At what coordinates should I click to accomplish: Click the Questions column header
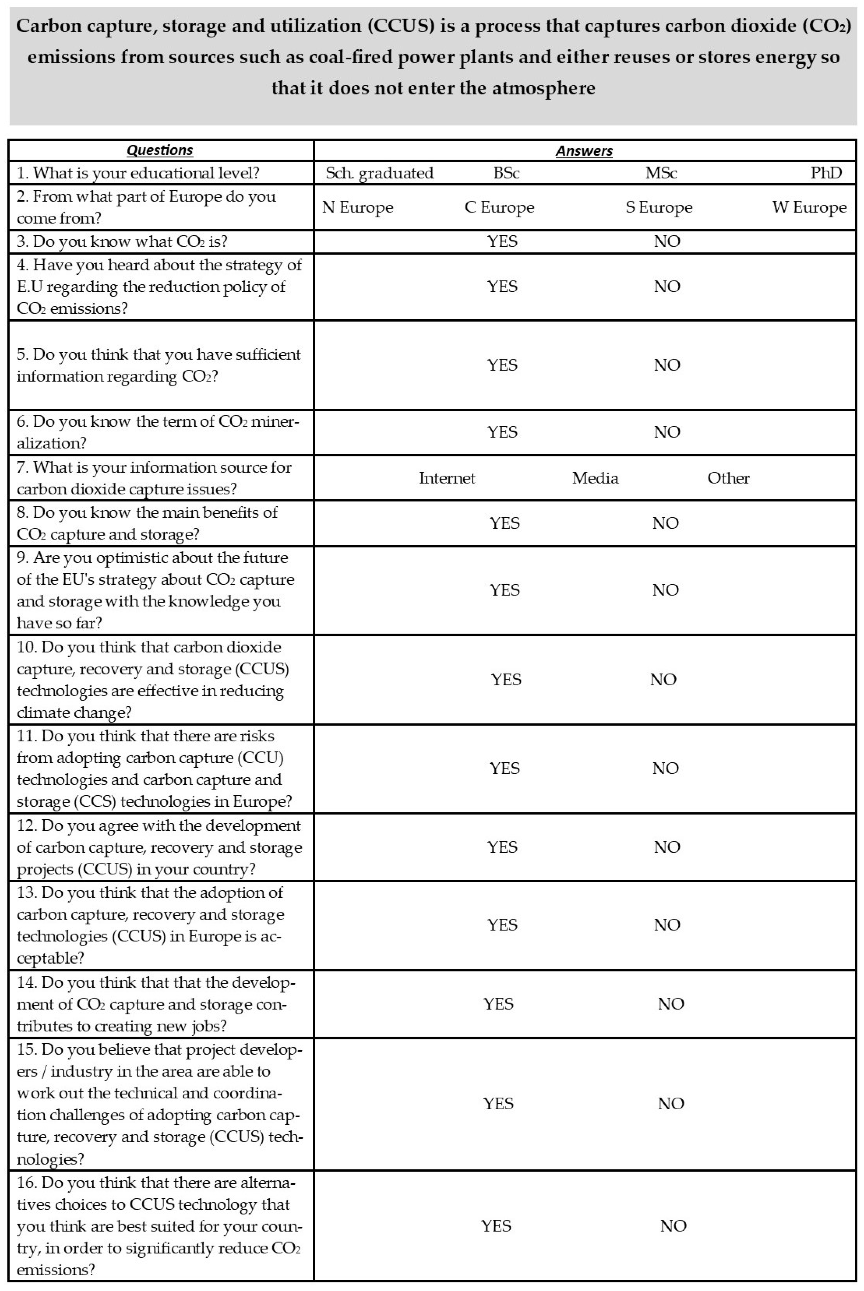160,151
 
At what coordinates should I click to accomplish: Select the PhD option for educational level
826,173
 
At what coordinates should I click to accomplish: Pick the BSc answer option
506,173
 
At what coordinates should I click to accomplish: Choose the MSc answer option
661,173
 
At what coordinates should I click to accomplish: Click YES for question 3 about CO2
502,241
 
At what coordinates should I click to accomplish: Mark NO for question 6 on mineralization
667,432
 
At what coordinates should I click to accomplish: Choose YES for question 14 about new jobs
498,1004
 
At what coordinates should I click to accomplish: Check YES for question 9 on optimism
504,590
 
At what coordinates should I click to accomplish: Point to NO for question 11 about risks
665,769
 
